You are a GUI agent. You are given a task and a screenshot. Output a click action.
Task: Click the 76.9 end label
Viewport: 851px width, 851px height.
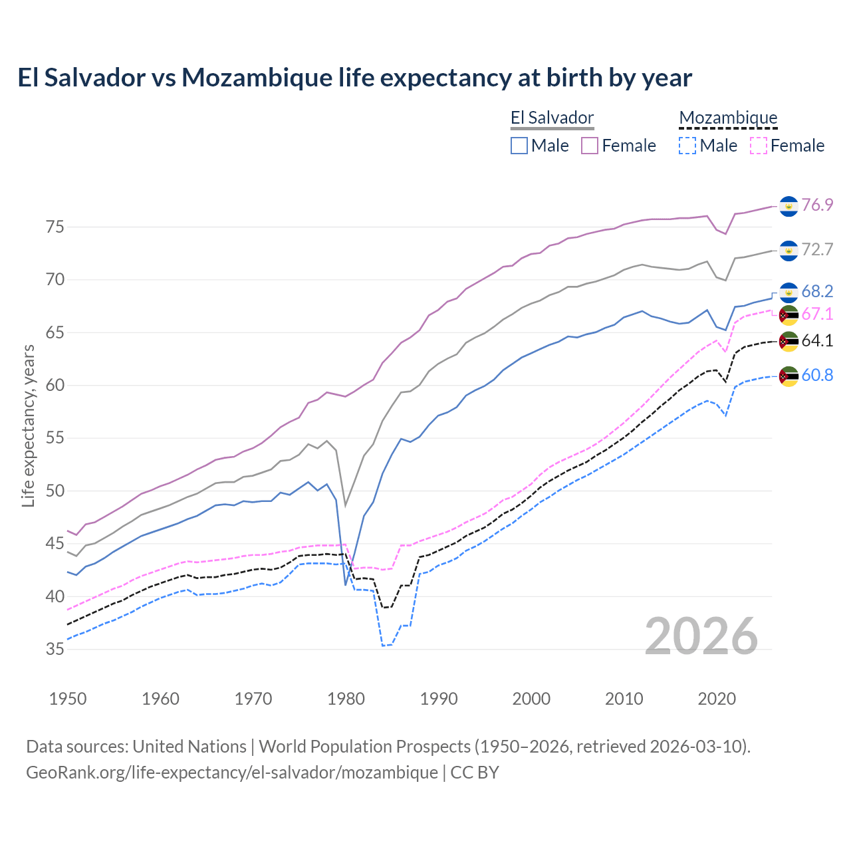pyautogui.click(x=817, y=205)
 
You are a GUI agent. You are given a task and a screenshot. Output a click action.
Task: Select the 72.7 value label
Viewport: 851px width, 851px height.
pyautogui.click(x=817, y=249)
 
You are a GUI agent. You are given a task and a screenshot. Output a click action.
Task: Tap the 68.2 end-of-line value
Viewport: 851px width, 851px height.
pyautogui.click(x=817, y=291)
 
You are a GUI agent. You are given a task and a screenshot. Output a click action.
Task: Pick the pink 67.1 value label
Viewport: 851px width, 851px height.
pyautogui.click(x=817, y=314)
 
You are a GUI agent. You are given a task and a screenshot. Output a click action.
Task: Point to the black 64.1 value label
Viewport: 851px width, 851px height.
pyautogui.click(x=817, y=341)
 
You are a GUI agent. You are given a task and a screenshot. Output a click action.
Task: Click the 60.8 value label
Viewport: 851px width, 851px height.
pyautogui.click(x=817, y=375)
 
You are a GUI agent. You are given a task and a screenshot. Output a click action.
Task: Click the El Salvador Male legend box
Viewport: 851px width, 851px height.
pyautogui.click(x=519, y=146)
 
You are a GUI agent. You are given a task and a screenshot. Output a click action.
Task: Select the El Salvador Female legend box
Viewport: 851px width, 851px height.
pyautogui.click(x=590, y=146)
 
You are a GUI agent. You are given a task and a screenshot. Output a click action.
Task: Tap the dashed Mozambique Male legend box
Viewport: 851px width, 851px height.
pyautogui.click(x=687, y=146)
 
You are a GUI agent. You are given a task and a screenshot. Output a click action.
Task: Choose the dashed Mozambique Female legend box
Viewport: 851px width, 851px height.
pyautogui.click(x=759, y=146)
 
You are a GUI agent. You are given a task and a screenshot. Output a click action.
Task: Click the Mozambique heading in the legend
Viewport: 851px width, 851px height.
pyautogui.click(x=728, y=118)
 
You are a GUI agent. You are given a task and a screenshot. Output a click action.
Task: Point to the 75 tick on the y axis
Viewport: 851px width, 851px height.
pyautogui.click(x=55, y=227)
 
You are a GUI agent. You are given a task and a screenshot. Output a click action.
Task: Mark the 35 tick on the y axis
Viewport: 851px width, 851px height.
pyautogui.click(x=55, y=650)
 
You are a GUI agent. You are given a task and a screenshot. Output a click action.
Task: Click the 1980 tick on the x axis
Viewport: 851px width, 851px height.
pyautogui.click(x=346, y=699)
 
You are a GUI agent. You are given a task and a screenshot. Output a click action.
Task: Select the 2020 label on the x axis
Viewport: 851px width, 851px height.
pyautogui.click(x=717, y=699)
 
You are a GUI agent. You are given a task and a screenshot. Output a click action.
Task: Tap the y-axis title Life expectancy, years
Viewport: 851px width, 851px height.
pyautogui.click(x=28, y=425)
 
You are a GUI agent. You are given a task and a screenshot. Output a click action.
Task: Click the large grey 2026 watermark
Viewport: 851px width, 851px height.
pyautogui.click(x=701, y=636)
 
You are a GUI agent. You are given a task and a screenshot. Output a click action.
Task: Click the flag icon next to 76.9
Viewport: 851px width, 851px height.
pyautogui.click(x=789, y=206)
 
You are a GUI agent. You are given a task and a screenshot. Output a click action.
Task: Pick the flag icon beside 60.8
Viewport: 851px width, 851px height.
pyautogui.click(x=789, y=376)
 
